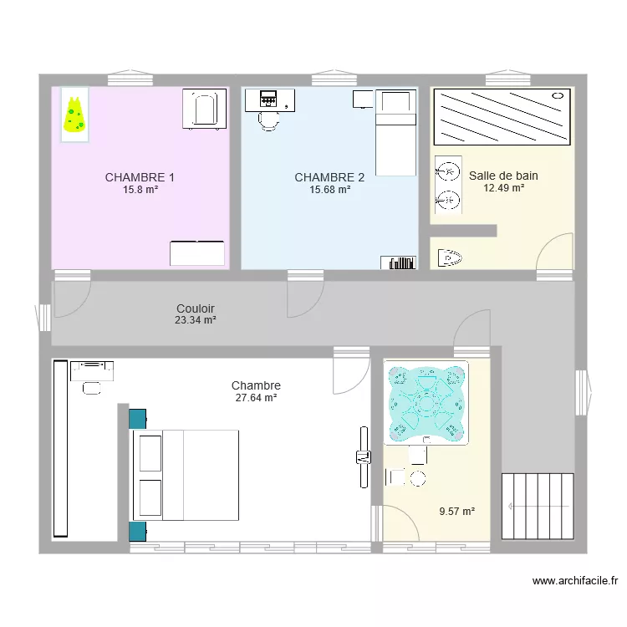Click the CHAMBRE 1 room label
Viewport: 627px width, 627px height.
coord(140,177)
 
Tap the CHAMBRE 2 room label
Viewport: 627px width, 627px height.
coord(329,177)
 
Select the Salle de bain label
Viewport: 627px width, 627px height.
coord(503,176)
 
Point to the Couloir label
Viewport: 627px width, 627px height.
coord(196,308)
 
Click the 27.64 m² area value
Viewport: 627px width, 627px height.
coord(256,398)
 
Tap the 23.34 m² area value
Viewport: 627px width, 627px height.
coord(196,320)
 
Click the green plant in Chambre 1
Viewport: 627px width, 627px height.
coord(74,115)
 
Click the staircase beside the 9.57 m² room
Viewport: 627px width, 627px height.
coord(538,507)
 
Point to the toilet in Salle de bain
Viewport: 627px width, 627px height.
coord(450,256)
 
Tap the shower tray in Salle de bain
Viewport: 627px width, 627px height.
coord(502,117)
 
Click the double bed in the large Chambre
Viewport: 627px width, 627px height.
coord(186,474)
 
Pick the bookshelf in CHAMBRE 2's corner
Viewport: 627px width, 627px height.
coord(399,263)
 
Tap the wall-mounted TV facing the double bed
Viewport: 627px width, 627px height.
coord(363,456)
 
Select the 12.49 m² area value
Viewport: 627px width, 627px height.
coord(503,188)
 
